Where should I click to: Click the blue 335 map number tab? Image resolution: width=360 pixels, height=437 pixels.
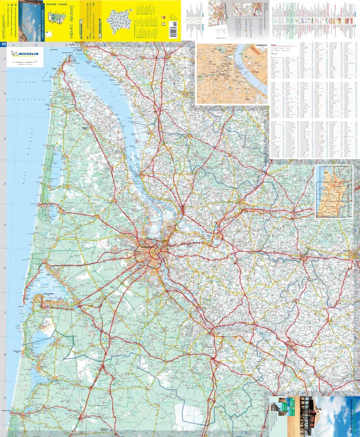coord(3,44)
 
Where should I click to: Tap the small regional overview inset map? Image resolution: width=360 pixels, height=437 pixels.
coord(334,191)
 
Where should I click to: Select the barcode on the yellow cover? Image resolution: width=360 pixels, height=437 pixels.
coord(173,30)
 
